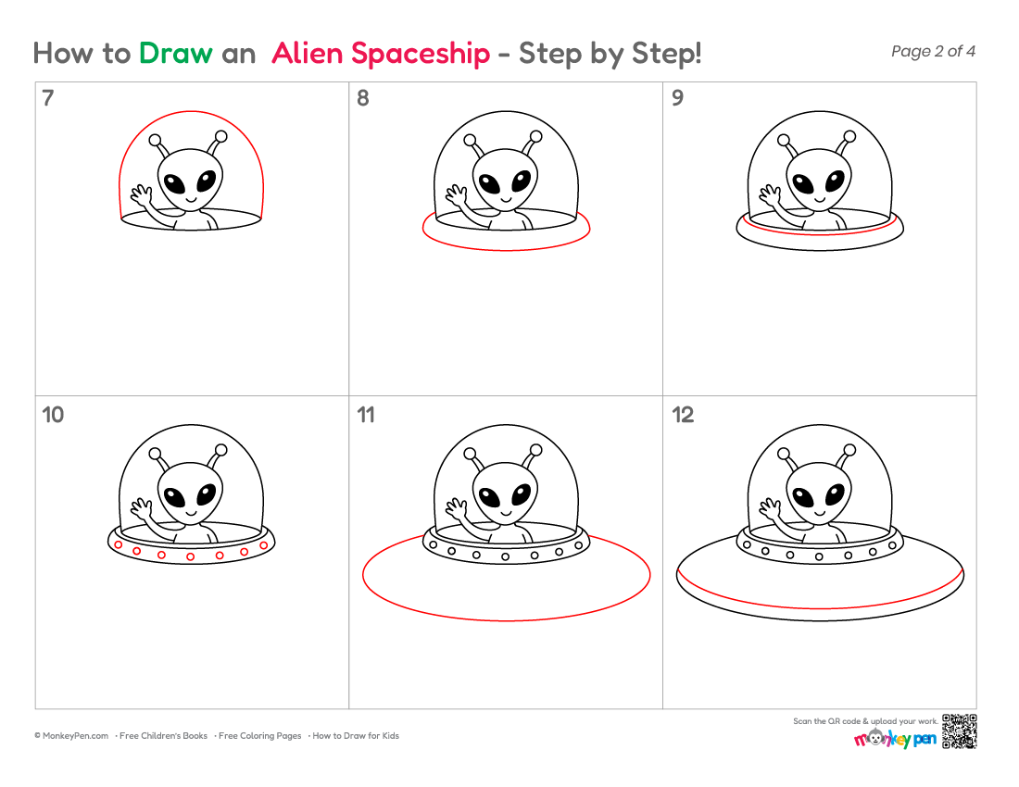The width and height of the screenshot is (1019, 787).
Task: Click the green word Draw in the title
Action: (x=175, y=54)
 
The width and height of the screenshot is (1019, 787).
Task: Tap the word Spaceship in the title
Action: (x=421, y=55)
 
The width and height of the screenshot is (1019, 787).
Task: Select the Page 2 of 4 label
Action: (x=933, y=51)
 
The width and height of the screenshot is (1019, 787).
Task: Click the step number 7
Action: (x=48, y=98)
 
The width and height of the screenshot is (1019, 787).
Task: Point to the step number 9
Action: (x=677, y=98)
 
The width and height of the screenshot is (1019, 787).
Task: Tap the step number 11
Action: (x=366, y=415)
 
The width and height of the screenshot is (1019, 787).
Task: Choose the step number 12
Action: (x=683, y=415)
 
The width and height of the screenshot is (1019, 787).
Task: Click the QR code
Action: (x=959, y=731)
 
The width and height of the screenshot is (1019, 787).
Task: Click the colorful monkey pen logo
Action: (x=895, y=738)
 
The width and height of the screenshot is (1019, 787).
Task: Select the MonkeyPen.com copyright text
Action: (x=71, y=736)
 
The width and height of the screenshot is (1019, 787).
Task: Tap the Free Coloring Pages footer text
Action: (x=260, y=736)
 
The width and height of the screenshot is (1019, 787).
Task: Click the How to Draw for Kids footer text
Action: (x=356, y=736)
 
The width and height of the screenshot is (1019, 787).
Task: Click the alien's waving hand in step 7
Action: (x=142, y=194)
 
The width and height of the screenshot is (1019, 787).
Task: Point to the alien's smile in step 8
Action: (x=506, y=199)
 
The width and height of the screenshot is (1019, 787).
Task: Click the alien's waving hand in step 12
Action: (x=770, y=507)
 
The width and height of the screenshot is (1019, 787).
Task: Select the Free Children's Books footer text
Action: (x=163, y=736)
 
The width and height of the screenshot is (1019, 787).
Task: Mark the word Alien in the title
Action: (x=307, y=54)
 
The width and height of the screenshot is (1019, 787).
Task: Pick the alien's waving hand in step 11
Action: (x=456, y=507)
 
